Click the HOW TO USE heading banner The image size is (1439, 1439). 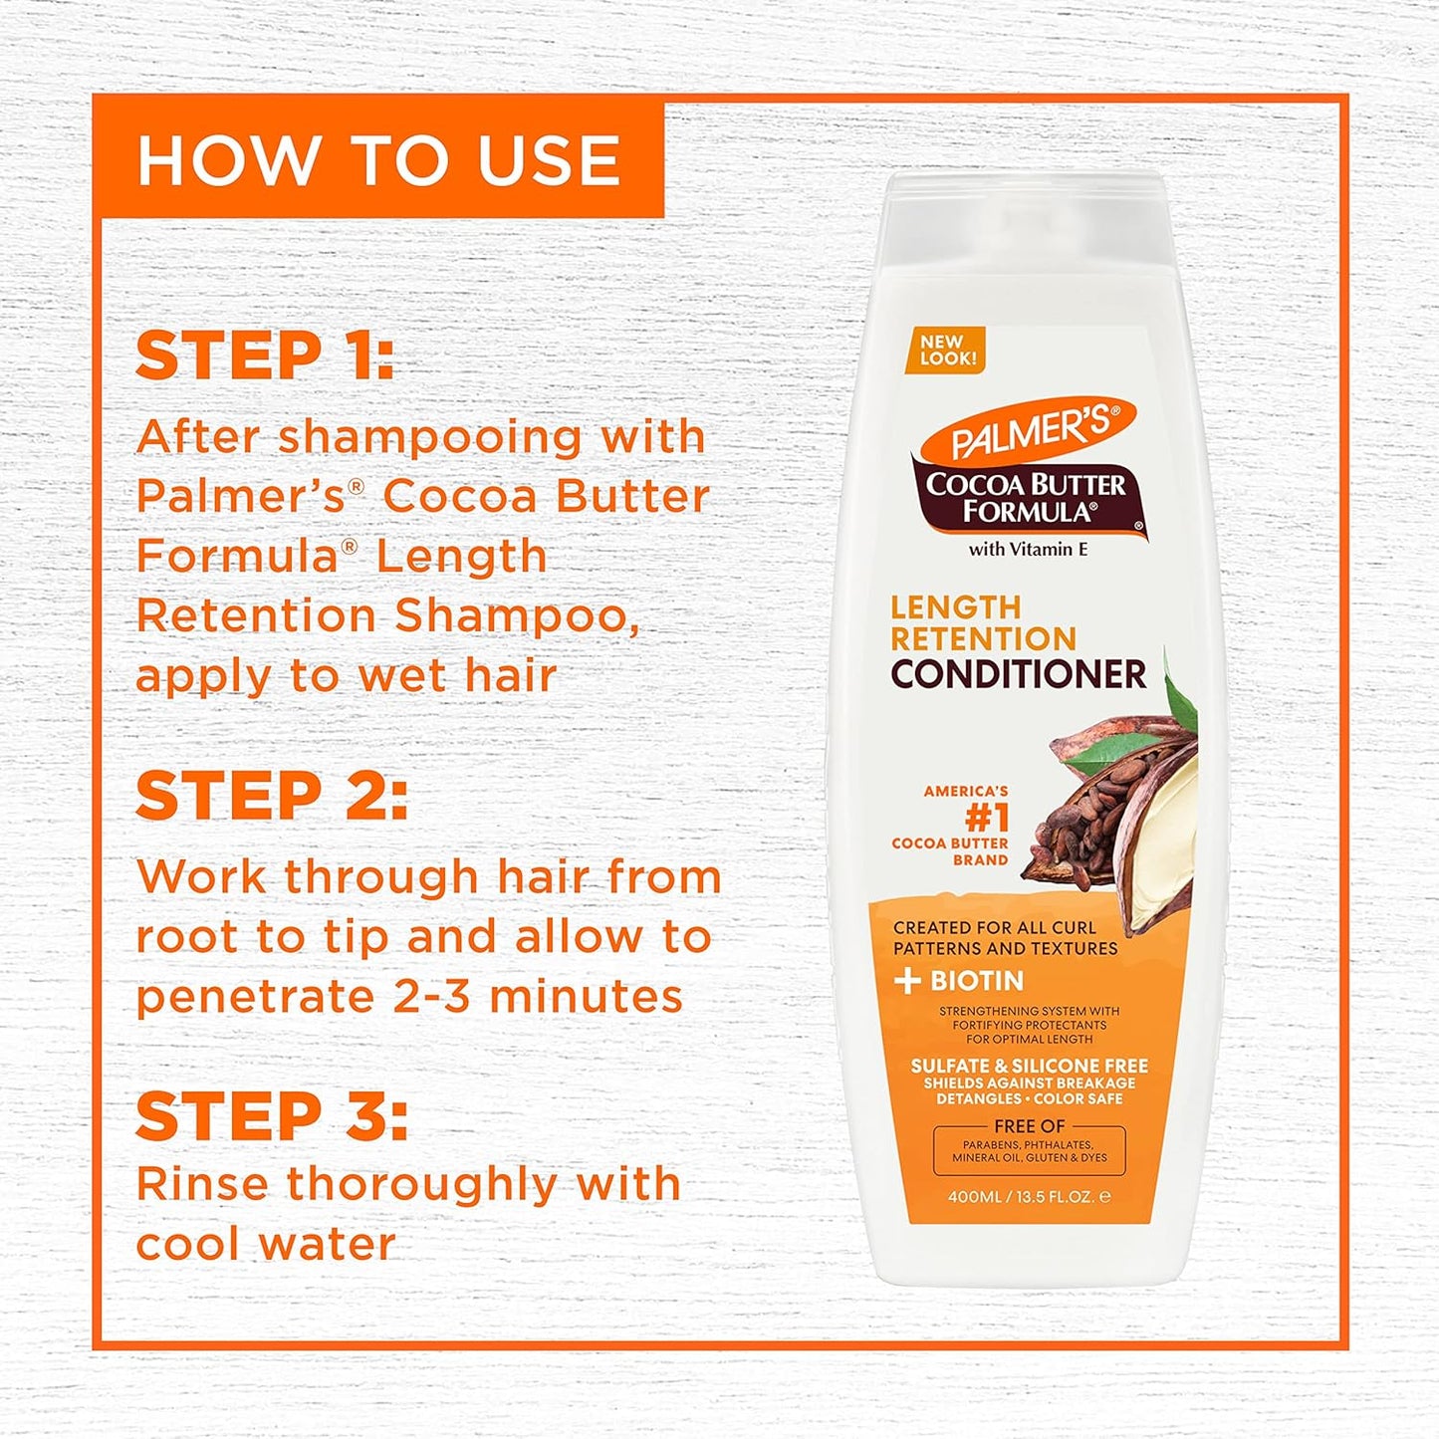(x=378, y=159)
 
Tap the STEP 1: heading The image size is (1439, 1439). (x=265, y=356)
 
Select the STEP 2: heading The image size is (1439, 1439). (x=271, y=796)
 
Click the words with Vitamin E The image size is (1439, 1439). (x=1028, y=549)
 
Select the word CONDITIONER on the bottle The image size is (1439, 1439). (x=1018, y=674)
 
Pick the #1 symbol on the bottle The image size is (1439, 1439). (x=987, y=818)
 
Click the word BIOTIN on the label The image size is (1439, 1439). (x=977, y=981)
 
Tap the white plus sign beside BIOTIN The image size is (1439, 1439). (x=906, y=981)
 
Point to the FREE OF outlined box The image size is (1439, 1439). (x=1029, y=1149)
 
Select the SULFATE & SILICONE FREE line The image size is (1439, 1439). (x=1029, y=1066)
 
